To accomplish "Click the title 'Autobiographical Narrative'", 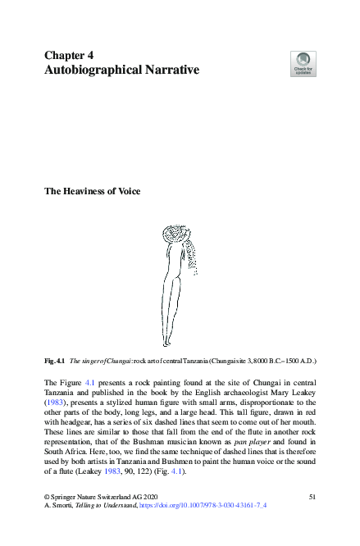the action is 121,71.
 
